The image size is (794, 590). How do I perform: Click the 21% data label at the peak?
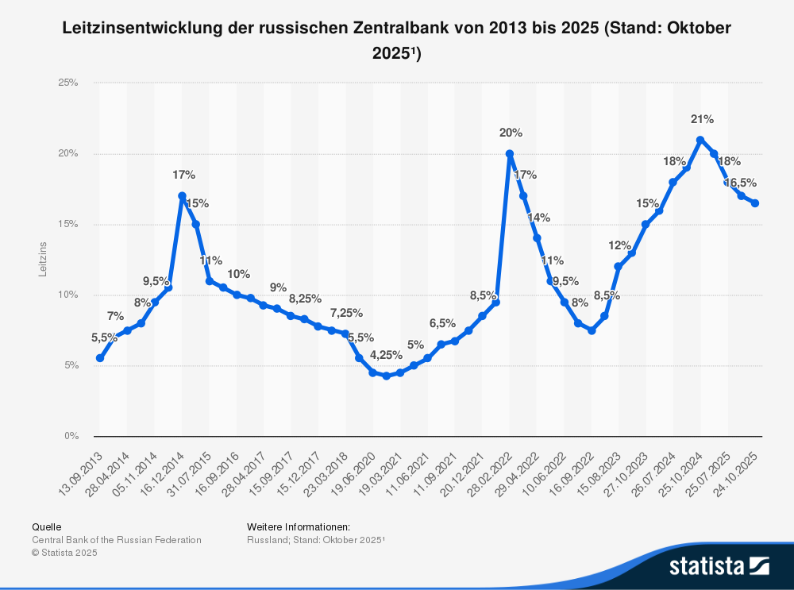(702, 119)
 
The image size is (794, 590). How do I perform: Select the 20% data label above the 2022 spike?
(511, 133)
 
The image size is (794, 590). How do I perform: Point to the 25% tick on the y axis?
(68, 83)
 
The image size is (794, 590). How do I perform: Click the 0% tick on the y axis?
(71, 436)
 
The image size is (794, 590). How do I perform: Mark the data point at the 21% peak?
(700, 140)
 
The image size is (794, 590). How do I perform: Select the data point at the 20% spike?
(509, 153)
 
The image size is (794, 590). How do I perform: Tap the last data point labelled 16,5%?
(755, 203)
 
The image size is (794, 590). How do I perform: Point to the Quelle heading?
(46, 526)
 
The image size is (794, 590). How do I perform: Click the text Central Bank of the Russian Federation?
(116, 540)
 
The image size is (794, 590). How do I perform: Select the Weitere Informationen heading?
(298, 526)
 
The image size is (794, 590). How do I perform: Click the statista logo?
(719, 566)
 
